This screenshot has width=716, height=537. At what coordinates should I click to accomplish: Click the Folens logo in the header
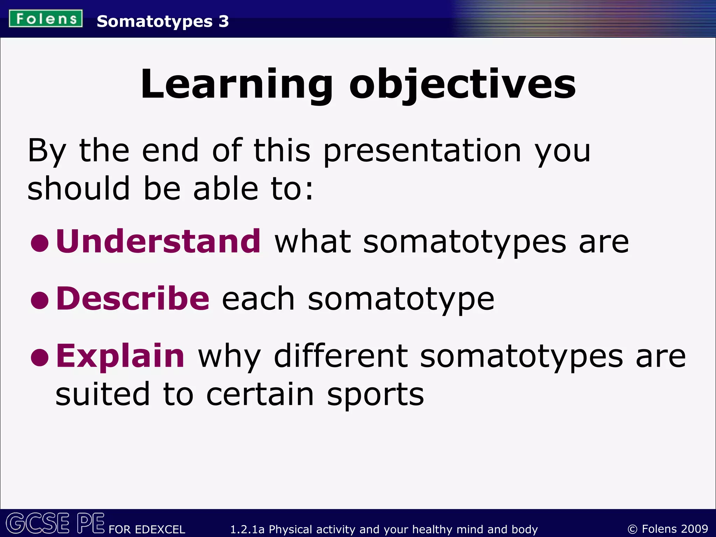click(46, 19)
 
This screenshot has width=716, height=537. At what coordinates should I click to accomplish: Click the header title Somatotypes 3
click(163, 21)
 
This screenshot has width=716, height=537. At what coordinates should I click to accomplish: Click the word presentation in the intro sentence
click(422, 151)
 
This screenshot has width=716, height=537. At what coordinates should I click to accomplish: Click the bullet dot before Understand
click(40, 243)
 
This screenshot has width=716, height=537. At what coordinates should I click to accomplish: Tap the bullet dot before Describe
click(40, 300)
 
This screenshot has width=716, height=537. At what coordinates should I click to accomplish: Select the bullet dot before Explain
click(40, 358)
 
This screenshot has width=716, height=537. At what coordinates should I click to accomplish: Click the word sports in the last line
click(375, 395)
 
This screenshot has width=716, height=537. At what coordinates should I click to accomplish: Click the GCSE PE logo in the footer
click(55, 523)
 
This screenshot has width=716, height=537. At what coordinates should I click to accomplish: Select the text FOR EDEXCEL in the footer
click(147, 529)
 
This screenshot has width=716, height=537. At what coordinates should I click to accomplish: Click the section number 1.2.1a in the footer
click(247, 529)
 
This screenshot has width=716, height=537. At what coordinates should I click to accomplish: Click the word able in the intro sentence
click(226, 189)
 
